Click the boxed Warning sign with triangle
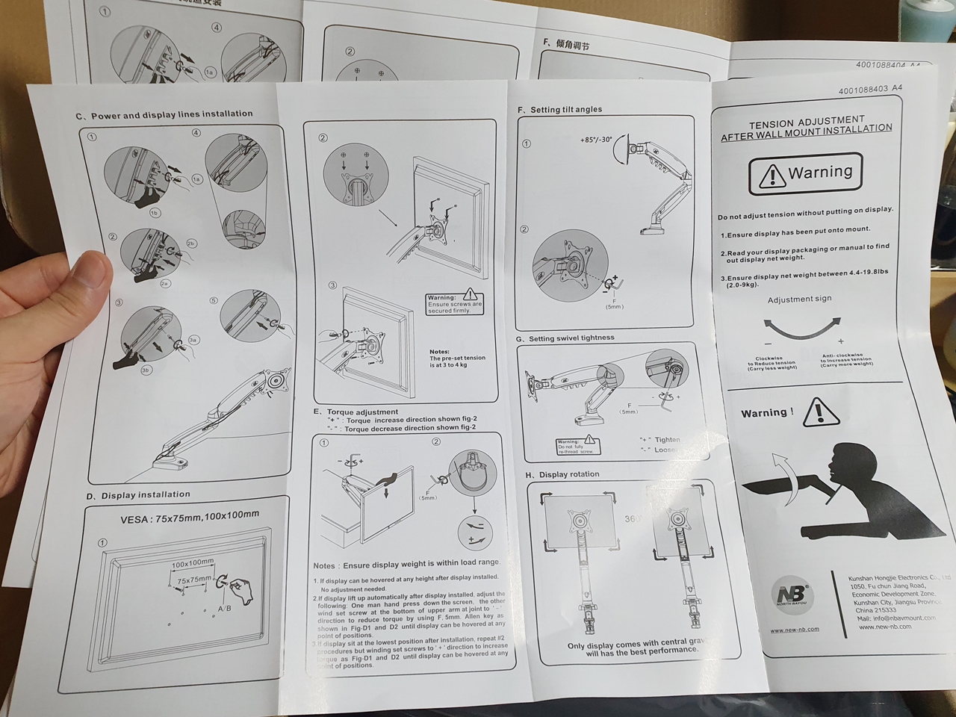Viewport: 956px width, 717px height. [805, 174]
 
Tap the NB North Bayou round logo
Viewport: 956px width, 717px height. [791, 595]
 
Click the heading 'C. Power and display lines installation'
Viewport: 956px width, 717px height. [164, 115]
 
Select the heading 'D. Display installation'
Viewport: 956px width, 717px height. [139, 495]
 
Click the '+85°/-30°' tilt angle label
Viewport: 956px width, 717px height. [595, 140]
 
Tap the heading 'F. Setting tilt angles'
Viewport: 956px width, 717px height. [560, 110]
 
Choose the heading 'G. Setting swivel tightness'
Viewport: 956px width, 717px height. [565, 338]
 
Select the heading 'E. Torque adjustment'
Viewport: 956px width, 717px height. [356, 412]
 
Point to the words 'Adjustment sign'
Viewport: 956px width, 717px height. [799, 299]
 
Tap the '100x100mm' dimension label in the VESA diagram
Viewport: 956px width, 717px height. [193, 562]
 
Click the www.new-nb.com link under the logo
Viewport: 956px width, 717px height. [795, 630]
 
